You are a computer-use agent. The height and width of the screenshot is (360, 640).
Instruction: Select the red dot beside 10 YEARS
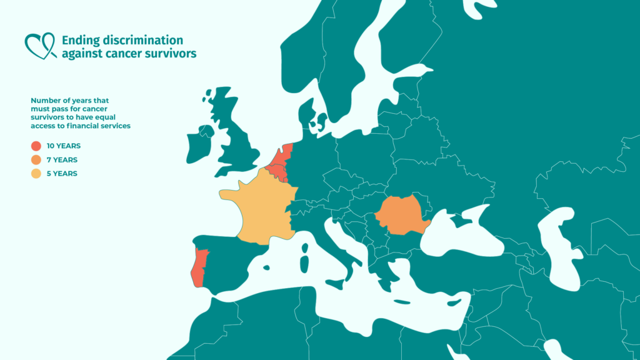point(36,146)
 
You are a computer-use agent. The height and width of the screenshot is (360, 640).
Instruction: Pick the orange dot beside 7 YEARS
point(36,159)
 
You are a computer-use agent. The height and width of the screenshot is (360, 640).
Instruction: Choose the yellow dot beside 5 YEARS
point(36,173)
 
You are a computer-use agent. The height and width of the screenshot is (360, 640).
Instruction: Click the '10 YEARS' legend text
point(64,146)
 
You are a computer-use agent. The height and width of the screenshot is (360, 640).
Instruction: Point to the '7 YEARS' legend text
point(62,159)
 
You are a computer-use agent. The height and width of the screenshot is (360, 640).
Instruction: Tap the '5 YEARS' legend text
point(62,173)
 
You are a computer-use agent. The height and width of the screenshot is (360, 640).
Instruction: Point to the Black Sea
point(462,234)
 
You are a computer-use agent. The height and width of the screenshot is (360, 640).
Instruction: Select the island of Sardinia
point(304,262)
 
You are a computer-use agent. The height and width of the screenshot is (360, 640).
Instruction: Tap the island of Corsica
point(306,248)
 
